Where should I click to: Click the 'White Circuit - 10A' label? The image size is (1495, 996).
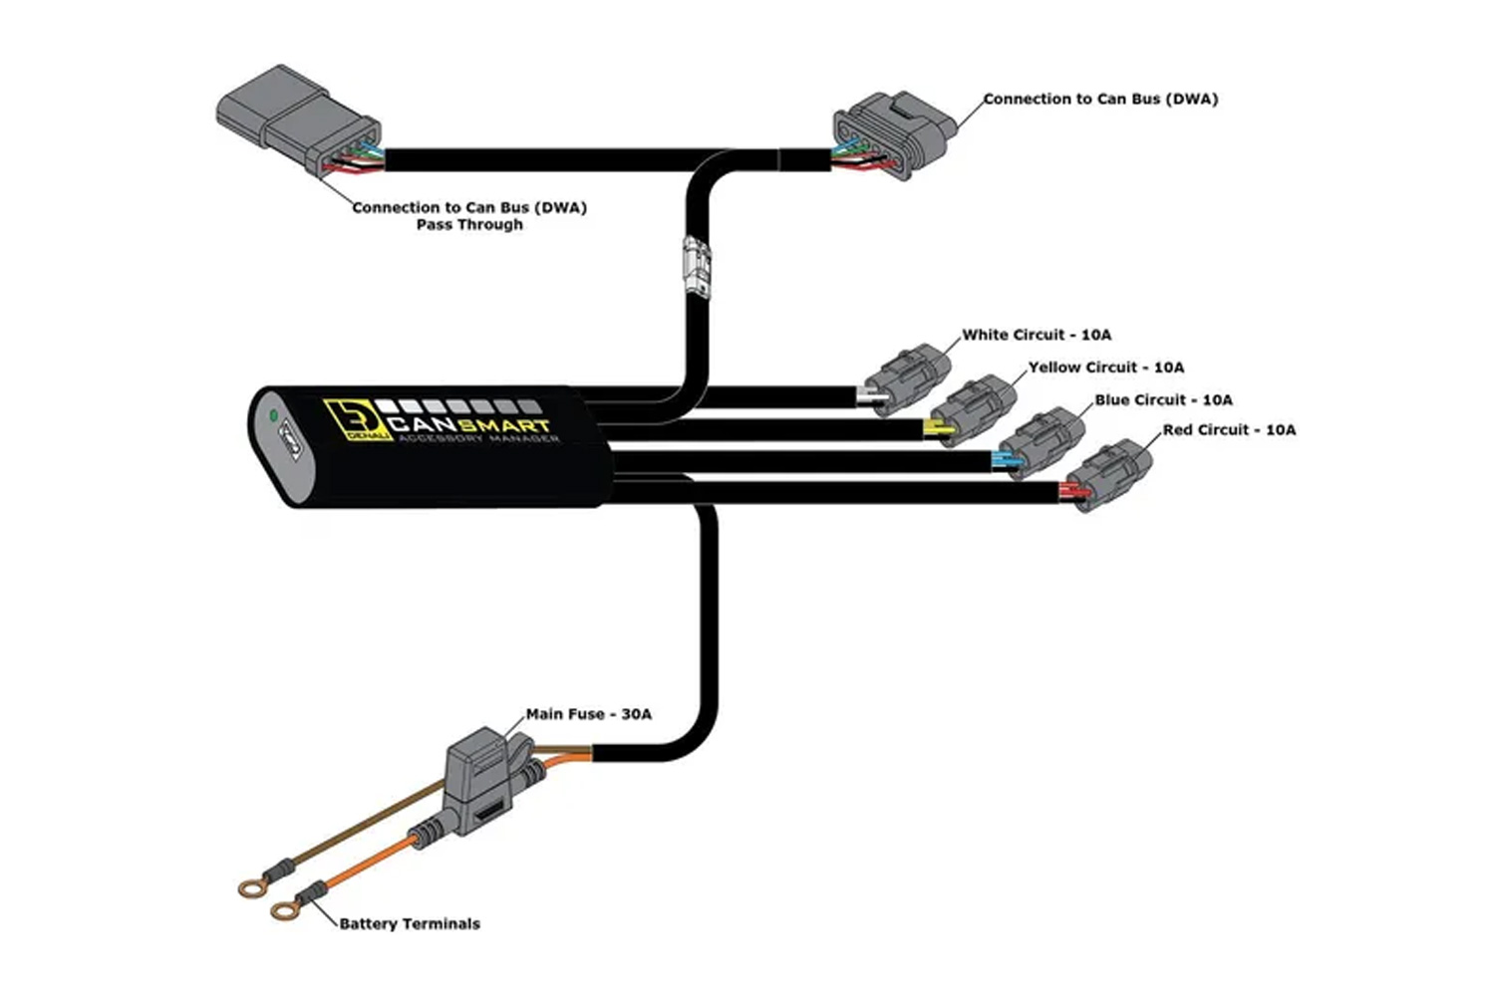coord(1037,335)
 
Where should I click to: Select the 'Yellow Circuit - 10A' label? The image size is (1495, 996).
coord(1106,368)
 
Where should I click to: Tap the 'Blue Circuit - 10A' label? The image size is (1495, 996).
coord(1163,400)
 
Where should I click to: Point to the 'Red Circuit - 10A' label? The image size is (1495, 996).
coord(1229,429)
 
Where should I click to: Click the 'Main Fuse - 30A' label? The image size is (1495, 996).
coord(589,714)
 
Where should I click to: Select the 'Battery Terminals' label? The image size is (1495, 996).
coord(410,924)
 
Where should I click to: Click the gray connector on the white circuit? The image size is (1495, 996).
coord(909,378)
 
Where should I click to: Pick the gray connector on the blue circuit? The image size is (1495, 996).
coord(1043,441)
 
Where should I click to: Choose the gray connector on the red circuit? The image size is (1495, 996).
coord(1109,474)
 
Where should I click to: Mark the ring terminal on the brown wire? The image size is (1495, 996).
coord(251,887)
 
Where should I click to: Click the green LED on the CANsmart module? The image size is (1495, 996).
coord(273,415)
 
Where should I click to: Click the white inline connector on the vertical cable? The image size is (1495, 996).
coord(697,268)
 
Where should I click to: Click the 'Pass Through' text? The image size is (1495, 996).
coord(469,225)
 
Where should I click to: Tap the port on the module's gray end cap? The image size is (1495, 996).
coord(291,439)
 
